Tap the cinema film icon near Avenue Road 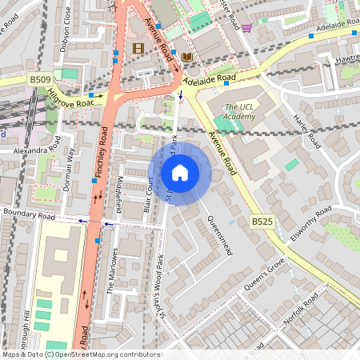tap(138, 49)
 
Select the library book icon tap(186, 57)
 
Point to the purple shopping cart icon tap(246, 28)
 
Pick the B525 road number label tap(262, 221)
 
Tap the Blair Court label tap(147, 195)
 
